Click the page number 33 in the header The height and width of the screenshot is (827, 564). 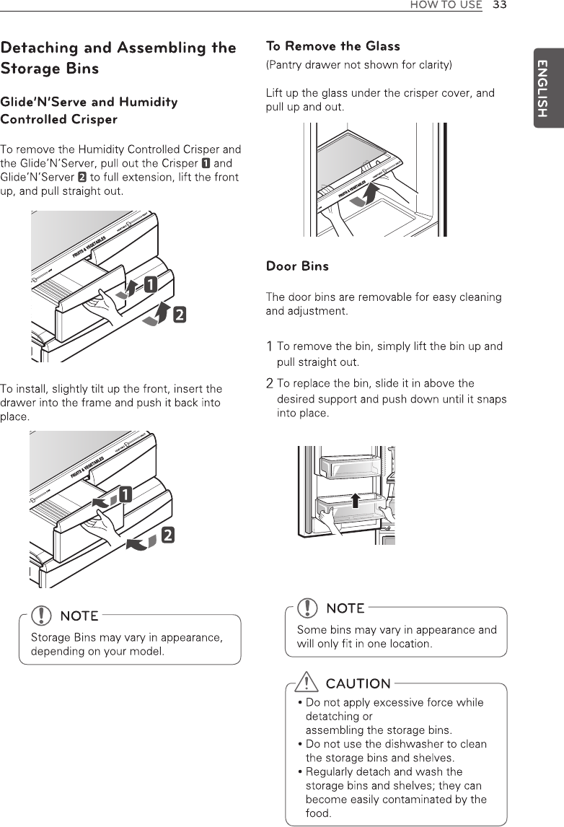click(500, 5)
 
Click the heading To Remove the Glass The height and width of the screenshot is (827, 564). click(333, 46)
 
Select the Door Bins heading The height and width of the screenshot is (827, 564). click(297, 266)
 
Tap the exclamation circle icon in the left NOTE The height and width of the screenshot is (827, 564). click(45, 615)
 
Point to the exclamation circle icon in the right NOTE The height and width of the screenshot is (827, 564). click(310, 608)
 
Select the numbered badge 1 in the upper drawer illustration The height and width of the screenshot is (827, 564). click(151, 284)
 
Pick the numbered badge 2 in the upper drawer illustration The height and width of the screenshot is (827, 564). click(177, 315)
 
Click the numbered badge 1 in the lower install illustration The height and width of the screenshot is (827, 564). click(125, 495)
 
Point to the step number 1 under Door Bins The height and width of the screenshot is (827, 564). click(270, 346)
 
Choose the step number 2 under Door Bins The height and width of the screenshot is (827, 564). click(270, 383)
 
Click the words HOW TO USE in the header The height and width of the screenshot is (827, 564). click(446, 5)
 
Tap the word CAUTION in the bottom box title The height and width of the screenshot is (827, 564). click(358, 683)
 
